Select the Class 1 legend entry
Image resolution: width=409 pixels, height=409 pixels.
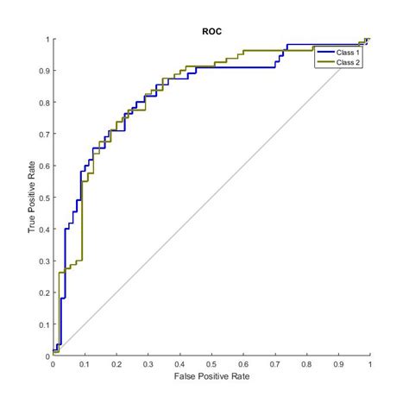pyautogui.click(x=348, y=53)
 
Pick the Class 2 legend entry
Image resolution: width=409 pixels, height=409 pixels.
pyautogui.click(x=348, y=62)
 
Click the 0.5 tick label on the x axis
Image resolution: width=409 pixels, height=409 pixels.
pyautogui.click(x=211, y=365)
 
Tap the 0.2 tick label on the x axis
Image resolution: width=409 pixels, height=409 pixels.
pyautogui.click(x=116, y=365)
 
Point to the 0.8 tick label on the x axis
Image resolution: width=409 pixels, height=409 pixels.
pyautogui.click(x=306, y=365)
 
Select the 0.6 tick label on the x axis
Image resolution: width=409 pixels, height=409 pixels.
pyautogui.click(x=243, y=365)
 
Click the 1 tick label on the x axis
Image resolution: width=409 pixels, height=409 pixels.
pyautogui.click(x=369, y=365)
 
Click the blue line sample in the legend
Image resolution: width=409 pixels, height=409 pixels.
pyautogui.click(x=326, y=53)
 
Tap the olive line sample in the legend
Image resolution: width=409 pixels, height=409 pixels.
pyautogui.click(x=326, y=62)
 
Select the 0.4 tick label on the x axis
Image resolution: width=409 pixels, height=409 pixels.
pyautogui.click(x=179, y=365)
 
